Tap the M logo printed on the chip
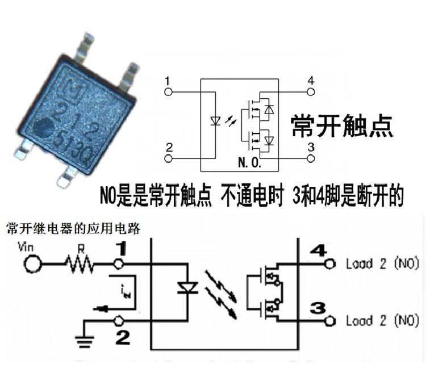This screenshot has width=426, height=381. tap(70, 86)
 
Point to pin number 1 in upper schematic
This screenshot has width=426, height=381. tap(167, 80)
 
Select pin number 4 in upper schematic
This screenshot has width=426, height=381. tap(310, 80)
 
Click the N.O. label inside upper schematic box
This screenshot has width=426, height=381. tap(248, 163)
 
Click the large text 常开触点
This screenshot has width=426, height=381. tap(342, 125)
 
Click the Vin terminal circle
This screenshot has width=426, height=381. tap(32, 263)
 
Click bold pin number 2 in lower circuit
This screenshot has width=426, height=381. tap(122, 338)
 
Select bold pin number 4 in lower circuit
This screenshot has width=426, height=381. tap(319, 250)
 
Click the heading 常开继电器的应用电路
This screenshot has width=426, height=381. tap(73, 229)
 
